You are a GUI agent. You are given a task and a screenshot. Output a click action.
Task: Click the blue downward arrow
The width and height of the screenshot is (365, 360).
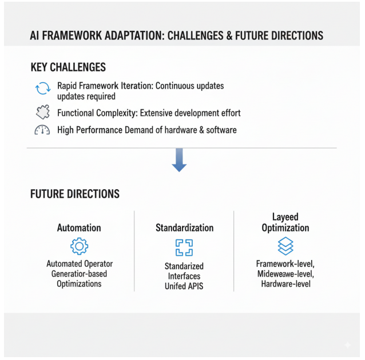point(179,159)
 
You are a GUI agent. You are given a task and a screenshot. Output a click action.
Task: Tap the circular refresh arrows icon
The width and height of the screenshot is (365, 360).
point(43,89)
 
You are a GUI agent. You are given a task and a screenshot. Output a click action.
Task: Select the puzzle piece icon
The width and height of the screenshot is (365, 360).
point(43,113)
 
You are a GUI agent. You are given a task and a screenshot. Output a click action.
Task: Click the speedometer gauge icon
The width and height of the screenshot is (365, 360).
point(43,130)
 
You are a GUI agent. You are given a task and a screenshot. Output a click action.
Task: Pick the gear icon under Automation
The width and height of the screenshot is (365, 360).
point(79,246)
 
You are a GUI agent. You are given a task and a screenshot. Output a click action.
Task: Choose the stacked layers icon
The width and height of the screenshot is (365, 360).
point(285,246)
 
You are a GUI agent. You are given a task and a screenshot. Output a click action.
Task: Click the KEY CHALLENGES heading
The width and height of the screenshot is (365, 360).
point(68,67)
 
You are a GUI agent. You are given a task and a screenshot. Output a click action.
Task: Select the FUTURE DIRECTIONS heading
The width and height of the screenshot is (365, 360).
point(75,194)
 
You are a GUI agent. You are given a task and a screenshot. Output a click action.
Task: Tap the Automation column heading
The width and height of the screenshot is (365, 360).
point(79,228)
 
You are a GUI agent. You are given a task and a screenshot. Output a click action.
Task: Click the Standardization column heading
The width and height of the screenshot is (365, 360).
point(184,228)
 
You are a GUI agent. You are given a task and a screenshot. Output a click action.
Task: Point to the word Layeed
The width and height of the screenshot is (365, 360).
point(285,217)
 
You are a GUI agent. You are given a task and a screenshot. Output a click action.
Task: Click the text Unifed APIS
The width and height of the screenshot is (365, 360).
point(184,286)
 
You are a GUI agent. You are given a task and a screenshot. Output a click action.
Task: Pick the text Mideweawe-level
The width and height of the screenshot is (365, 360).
point(285,274)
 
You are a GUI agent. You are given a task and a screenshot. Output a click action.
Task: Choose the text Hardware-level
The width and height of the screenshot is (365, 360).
point(285,283)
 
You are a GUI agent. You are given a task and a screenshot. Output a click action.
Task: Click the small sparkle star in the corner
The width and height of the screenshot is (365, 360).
point(347,345)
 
